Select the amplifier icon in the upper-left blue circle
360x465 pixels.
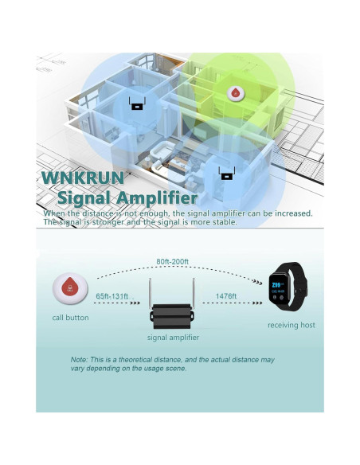pyautogui.click(x=137, y=104)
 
